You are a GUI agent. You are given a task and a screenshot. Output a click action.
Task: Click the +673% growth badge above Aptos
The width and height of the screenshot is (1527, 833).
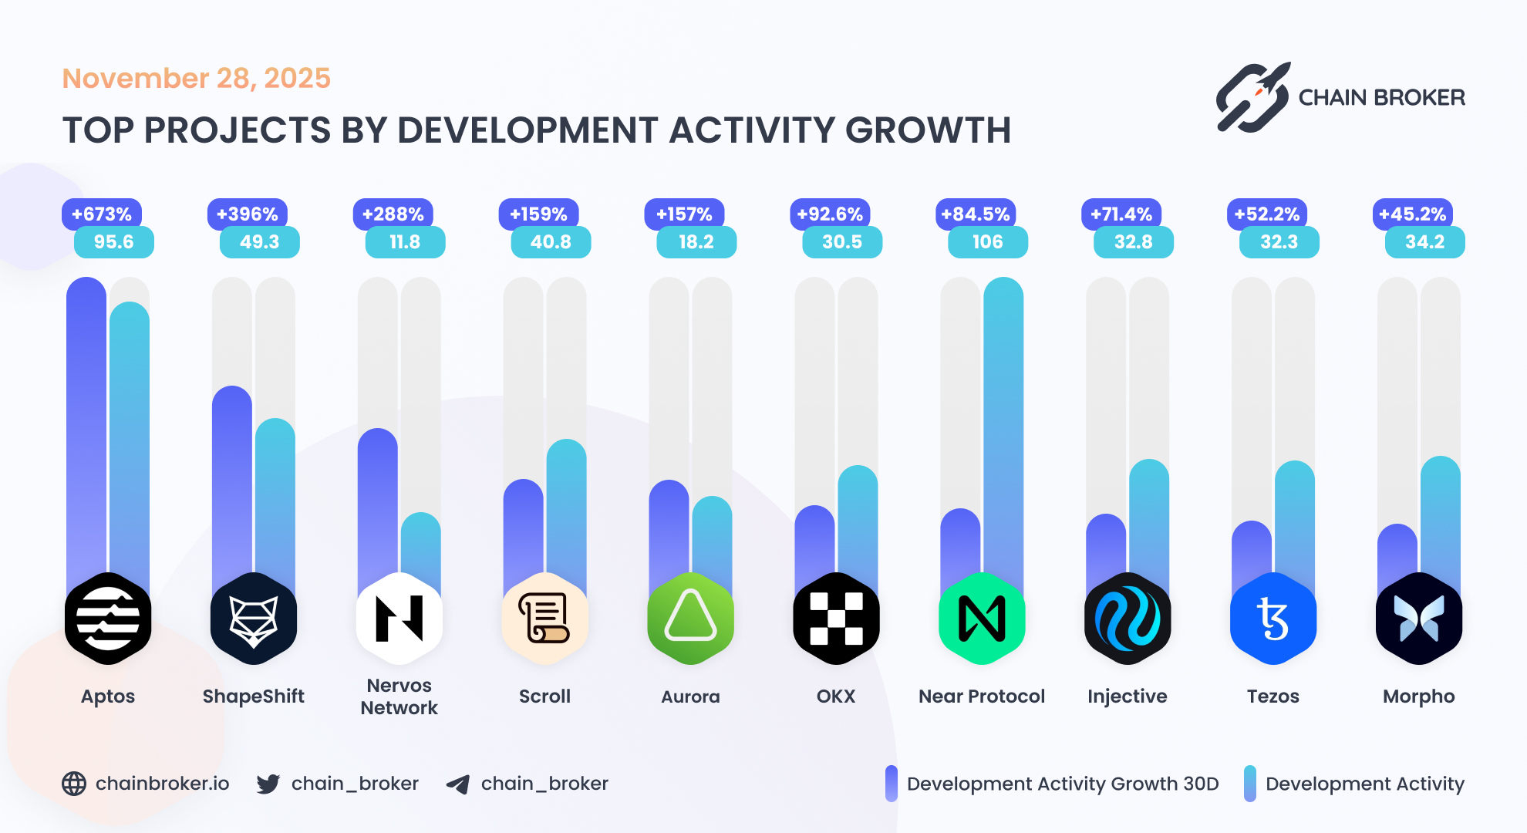pos(101,214)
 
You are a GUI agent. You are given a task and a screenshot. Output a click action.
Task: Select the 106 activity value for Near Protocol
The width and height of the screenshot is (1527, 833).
pos(987,242)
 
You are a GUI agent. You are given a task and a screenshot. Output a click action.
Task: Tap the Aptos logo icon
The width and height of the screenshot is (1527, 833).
pos(108,619)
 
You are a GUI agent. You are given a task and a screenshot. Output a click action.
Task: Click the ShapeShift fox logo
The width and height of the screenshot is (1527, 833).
pos(254,619)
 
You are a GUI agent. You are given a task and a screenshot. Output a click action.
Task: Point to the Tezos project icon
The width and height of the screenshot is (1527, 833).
pos(1273,619)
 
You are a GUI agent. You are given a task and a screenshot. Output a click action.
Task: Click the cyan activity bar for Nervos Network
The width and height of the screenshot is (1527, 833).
pos(420,548)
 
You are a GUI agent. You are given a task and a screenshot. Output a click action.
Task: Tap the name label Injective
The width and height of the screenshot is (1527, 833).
pos(1127,696)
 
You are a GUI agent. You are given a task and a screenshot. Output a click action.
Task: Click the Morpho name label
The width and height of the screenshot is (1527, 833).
pos(1418,696)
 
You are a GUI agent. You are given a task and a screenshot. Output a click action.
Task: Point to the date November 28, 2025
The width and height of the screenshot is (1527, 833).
pos(196,78)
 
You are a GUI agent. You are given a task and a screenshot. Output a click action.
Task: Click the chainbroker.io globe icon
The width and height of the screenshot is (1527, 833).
pos(74,784)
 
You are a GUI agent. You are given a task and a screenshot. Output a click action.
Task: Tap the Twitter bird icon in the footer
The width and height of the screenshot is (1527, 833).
pos(268,784)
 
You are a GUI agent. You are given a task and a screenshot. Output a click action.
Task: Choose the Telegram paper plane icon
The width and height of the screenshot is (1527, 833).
pos(458,784)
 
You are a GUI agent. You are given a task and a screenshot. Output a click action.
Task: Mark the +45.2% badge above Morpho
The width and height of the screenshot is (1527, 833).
pos(1412,214)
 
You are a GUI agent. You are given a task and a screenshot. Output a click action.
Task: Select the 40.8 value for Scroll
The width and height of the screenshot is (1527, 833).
pos(551,242)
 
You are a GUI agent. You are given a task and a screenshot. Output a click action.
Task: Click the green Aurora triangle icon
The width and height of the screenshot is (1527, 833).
pos(690,619)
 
